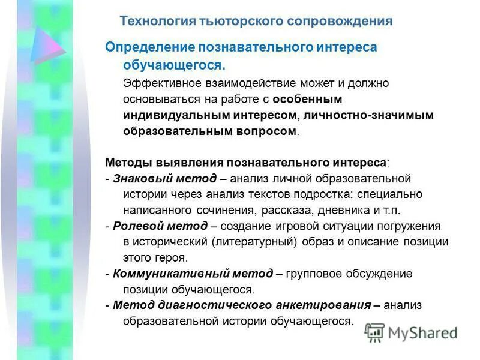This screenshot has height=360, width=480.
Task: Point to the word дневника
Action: (337, 211)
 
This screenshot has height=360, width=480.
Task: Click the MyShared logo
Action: (411, 332)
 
